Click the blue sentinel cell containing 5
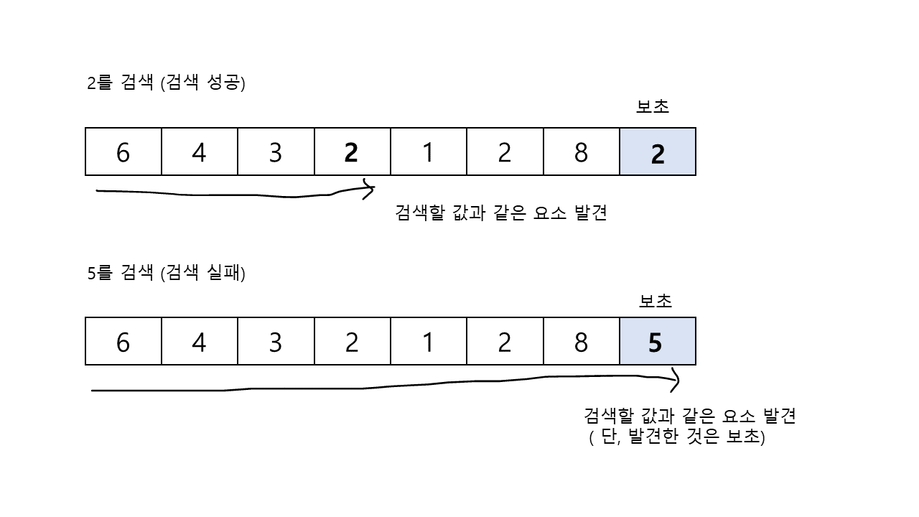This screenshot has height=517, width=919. point(658,341)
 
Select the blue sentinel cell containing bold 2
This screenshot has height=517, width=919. point(658,152)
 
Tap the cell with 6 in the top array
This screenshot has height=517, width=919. point(123,152)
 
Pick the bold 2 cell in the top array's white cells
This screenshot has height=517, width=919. point(352,152)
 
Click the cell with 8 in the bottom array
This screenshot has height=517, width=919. point(581,341)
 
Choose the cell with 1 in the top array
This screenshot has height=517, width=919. point(429,152)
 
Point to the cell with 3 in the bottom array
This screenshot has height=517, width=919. point(276,341)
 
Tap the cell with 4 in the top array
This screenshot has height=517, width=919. point(200,152)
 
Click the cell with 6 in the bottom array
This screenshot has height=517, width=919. point(123,341)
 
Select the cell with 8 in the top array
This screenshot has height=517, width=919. point(581,152)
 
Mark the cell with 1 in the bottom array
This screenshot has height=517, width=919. point(429,341)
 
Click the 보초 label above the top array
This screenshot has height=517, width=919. point(653,107)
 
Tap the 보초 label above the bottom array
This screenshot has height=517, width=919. point(656,301)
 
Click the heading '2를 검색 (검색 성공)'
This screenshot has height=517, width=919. point(167,83)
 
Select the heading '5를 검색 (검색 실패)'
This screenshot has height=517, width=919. point(167,273)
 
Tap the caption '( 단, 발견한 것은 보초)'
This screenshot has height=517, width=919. point(677,437)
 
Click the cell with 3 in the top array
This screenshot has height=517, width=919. point(276,152)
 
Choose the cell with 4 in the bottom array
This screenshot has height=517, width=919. point(200,341)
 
